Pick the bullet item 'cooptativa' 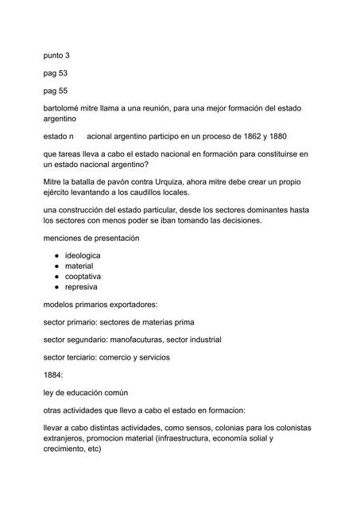click(94, 276)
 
